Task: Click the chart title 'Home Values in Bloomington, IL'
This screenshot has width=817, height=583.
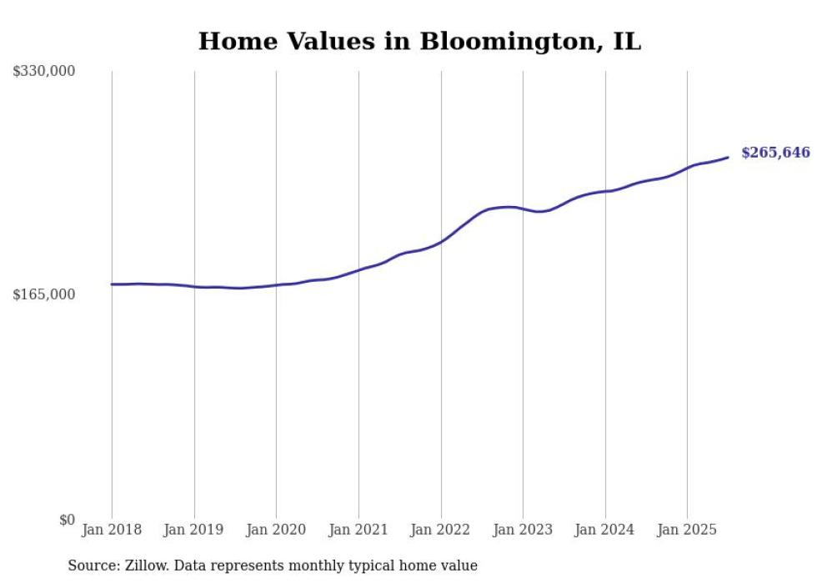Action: pos(419,41)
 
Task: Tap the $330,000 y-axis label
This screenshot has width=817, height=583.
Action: pos(44,72)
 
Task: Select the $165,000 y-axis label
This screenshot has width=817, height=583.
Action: pos(44,294)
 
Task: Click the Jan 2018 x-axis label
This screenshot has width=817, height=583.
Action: pos(112,530)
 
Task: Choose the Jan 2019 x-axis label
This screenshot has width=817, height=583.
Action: pos(194,530)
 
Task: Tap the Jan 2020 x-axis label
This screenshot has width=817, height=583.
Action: pos(276,530)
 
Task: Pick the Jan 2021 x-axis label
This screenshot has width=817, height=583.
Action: pos(358,530)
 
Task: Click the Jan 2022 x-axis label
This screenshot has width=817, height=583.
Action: pos(441,530)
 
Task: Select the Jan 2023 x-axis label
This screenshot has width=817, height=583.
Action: pos(523,530)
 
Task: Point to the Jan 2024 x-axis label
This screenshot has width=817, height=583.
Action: pos(605,530)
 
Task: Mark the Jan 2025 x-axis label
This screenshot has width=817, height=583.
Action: pos(687,530)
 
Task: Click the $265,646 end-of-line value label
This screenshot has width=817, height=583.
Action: pos(775,153)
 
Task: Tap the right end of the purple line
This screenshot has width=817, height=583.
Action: pos(728,157)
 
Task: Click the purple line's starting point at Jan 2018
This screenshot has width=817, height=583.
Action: pos(112,284)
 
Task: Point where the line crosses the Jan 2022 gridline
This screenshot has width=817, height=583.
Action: pos(441,241)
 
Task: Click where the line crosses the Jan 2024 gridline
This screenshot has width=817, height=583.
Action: pos(605,191)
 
